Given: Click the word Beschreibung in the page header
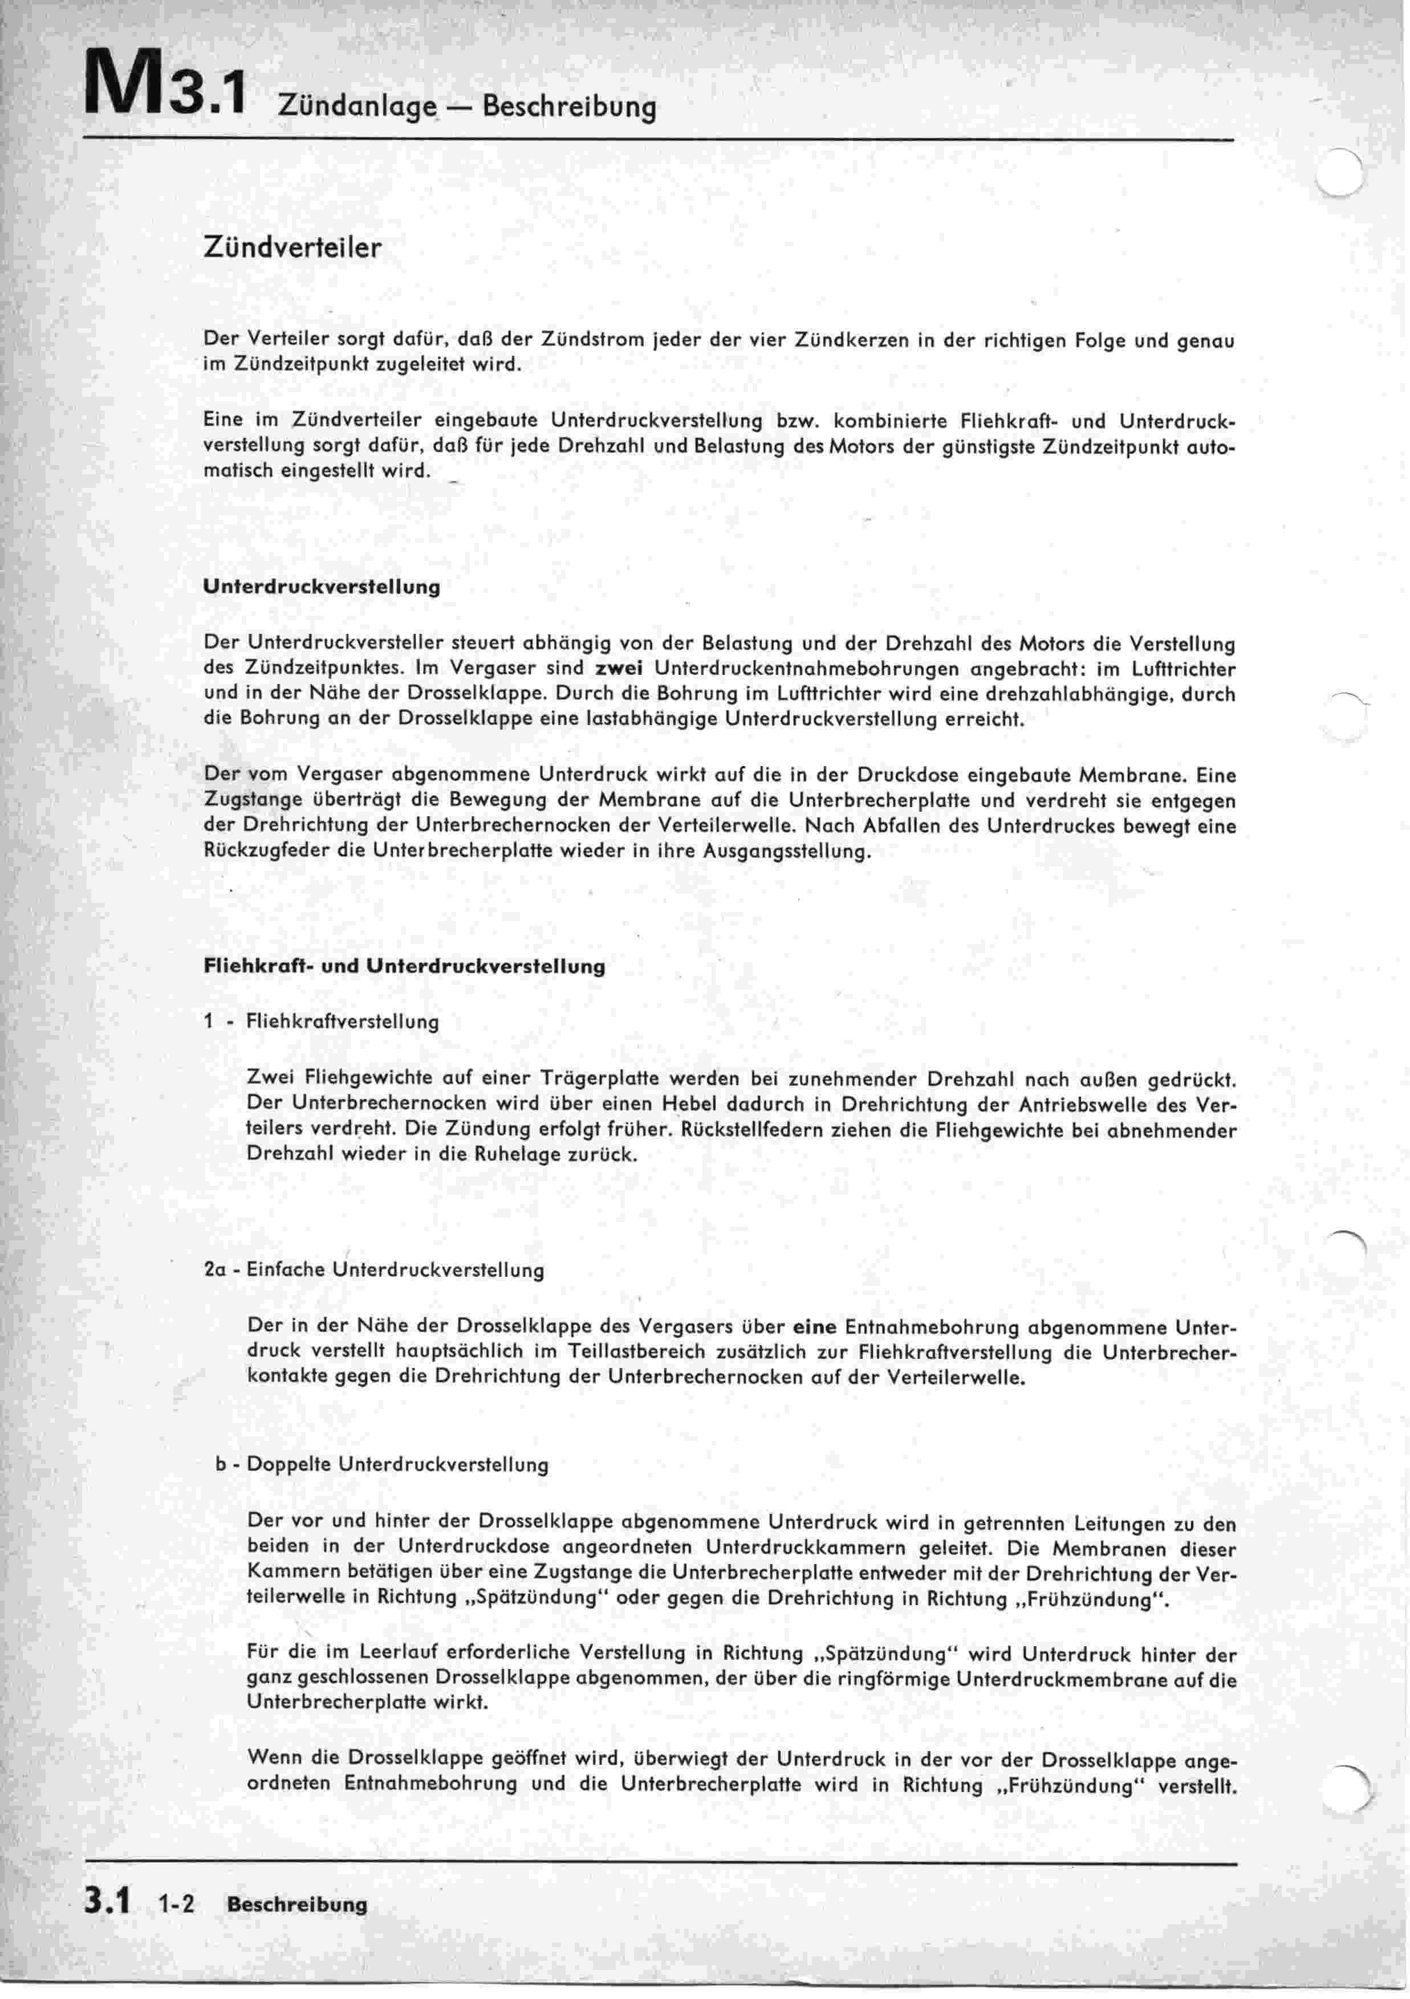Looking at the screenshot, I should (x=568, y=107).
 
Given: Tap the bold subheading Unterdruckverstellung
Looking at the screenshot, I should (x=322, y=587).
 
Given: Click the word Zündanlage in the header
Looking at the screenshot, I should (x=357, y=107).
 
